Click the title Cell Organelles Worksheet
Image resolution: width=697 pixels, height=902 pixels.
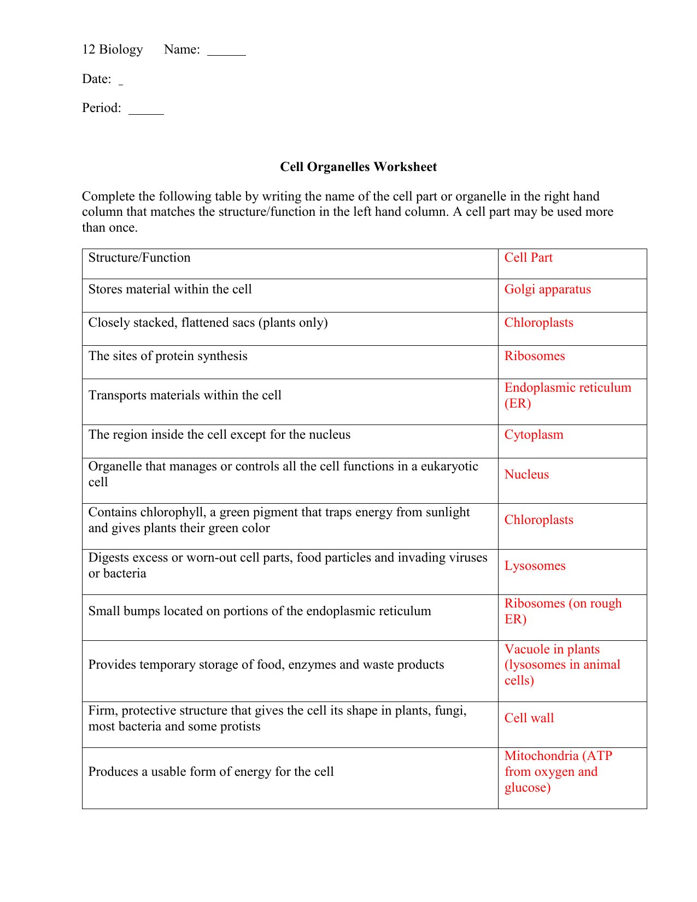click(x=358, y=167)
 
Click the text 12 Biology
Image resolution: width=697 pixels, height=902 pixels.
click(x=112, y=50)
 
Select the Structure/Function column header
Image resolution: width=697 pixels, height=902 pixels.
click(x=139, y=258)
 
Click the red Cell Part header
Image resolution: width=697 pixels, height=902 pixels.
click(x=528, y=258)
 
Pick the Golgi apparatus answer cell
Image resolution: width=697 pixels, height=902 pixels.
click(x=547, y=290)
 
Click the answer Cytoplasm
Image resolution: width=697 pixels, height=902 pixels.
click(x=534, y=435)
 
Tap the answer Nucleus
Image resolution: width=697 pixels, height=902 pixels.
click(x=526, y=475)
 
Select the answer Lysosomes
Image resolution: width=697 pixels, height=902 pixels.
click(x=535, y=566)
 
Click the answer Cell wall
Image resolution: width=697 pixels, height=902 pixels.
click(x=529, y=718)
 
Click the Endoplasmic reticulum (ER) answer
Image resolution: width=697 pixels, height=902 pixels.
click(x=567, y=396)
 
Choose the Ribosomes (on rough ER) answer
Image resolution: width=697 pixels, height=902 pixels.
click(x=563, y=611)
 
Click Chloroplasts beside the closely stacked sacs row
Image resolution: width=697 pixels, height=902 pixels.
click(x=538, y=323)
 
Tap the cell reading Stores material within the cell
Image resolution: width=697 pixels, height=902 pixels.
click(x=170, y=290)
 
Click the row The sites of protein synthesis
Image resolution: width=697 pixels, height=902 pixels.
click(x=168, y=356)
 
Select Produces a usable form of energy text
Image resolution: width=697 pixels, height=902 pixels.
click(x=210, y=772)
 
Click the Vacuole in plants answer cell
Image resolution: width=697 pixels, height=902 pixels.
click(x=562, y=665)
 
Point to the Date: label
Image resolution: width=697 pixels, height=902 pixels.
click(x=97, y=79)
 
